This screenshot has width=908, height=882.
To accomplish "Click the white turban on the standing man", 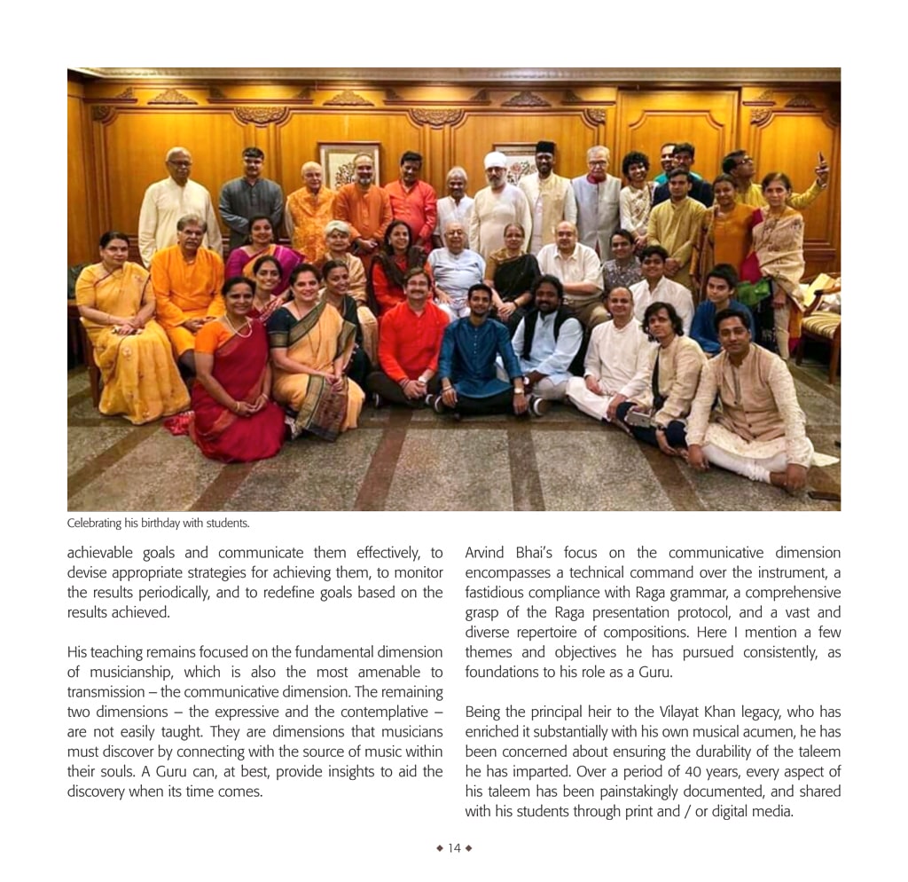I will click(x=496, y=161).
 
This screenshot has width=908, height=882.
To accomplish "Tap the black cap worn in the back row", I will click(x=545, y=147).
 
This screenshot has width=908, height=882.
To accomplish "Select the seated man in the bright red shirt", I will click(x=413, y=337).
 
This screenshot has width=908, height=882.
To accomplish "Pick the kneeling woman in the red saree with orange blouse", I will click(x=232, y=373).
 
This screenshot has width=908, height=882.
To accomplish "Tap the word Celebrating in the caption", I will click(x=95, y=523).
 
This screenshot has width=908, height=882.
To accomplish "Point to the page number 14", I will click(x=454, y=847).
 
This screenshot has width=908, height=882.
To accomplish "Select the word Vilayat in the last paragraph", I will click(x=683, y=712).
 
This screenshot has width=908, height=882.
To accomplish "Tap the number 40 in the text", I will click(x=633, y=771).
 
